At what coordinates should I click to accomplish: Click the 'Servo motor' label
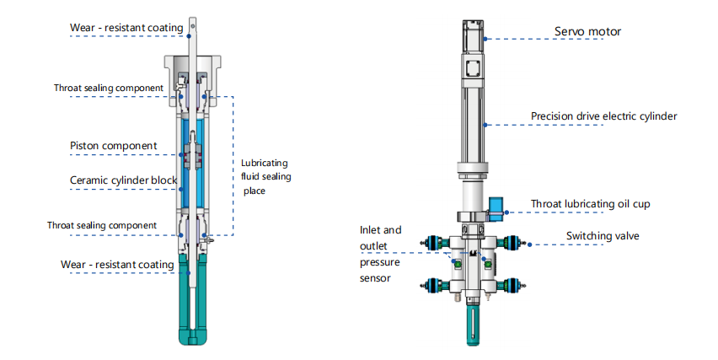[x=587, y=32]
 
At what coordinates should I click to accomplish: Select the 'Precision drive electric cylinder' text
[x=603, y=116]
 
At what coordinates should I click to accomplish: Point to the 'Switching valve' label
[x=603, y=236]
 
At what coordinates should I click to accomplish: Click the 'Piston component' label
[x=113, y=146]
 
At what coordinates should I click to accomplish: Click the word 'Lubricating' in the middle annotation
[x=264, y=163]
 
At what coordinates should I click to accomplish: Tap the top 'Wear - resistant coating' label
[x=126, y=28]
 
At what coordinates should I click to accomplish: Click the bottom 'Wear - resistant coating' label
[x=117, y=264]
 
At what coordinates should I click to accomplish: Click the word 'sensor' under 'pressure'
[x=376, y=277]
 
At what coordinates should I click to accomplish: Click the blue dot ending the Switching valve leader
[x=528, y=245]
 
